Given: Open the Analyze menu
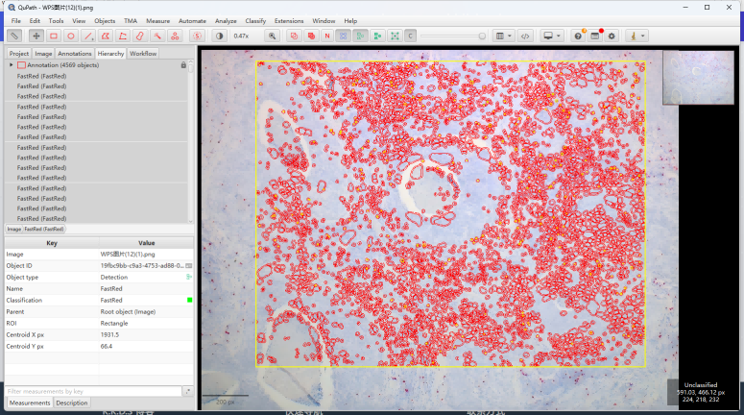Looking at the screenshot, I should point(226,20).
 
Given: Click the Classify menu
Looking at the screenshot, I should point(255,20).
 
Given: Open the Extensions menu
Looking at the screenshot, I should point(289,20).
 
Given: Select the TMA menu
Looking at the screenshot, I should point(130,20).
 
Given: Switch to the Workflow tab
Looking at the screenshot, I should point(143,54).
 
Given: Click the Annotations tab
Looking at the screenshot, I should point(75,54).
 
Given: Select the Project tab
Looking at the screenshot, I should point(19,54).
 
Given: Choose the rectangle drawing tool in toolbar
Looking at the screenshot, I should point(54,36).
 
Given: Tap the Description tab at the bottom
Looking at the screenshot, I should point(72,403).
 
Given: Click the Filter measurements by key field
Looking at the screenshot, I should point(91,391).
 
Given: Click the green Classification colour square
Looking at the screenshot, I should point(189,300).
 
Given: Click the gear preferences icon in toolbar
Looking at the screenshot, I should point(612,36).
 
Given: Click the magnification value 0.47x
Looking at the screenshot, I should point(241,36).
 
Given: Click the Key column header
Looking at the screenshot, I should point(52,243).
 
